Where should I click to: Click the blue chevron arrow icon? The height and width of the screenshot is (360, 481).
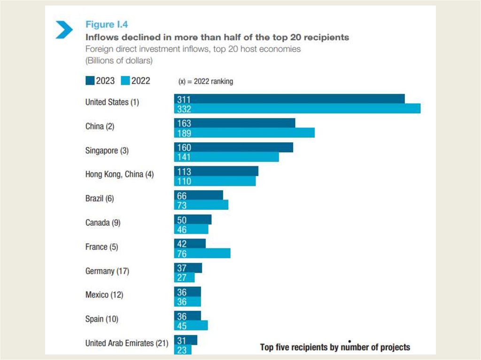pos(64,29)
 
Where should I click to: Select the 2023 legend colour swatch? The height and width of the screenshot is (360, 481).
pos(90,81)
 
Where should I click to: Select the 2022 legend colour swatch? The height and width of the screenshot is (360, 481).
pos(125,81)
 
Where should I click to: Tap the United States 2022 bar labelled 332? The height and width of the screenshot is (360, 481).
pos(297,108)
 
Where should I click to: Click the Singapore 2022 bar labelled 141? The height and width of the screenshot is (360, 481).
pos(226,157)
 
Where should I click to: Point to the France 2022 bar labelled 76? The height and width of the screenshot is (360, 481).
pos(202,253)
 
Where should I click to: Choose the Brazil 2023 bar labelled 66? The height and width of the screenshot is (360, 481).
pos(199,195)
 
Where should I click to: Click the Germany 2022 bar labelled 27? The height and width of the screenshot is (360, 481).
pos(184,277)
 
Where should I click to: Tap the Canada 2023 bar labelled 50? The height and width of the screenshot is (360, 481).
pos(193,220)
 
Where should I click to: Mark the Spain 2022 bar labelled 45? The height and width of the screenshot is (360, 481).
pos(191,326)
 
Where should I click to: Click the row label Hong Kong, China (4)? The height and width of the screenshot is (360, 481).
pos(119,174)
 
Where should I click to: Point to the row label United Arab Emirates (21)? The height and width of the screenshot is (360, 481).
pos(126,343)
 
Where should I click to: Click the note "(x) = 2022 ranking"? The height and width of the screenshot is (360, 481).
pos(205,81)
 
